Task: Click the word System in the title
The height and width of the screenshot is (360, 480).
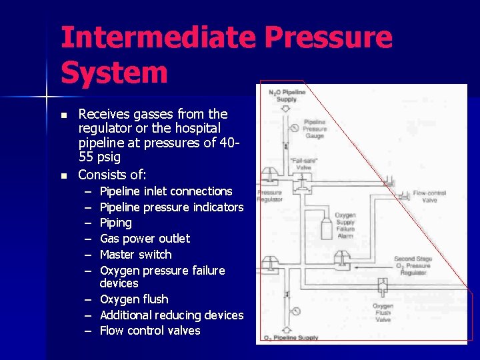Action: [x=114, y=72]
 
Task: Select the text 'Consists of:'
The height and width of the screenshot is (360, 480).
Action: [x=112, y=175]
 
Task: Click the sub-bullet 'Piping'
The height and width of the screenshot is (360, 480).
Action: [x=115, y=223]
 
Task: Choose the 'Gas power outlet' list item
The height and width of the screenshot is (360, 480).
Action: [x=145, y=239]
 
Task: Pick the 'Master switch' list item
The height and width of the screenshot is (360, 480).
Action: [x=135, y=255]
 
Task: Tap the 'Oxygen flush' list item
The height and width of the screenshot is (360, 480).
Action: [x=133, y=299]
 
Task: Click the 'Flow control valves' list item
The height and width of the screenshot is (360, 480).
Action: [x=149, y=331]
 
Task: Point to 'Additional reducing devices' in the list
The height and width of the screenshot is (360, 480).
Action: [x=171, y=315]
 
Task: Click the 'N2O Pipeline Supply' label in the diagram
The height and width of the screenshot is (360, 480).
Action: [x=287, y=95]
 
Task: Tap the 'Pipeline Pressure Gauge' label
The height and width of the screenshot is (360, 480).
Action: [x=315, y=129]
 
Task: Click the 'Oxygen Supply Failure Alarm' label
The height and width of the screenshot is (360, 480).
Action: [x=345, y=225]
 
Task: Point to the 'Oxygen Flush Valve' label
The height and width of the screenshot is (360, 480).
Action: [x=383, y=312]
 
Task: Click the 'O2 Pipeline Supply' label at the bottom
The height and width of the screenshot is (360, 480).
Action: [x=291, y=337]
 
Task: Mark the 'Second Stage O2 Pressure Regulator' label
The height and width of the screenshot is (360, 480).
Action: [x=413, y=266]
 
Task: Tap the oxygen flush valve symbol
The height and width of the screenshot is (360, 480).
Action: [x=383, y=287]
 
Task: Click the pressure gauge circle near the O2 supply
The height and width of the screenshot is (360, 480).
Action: [x=295, y=311]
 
